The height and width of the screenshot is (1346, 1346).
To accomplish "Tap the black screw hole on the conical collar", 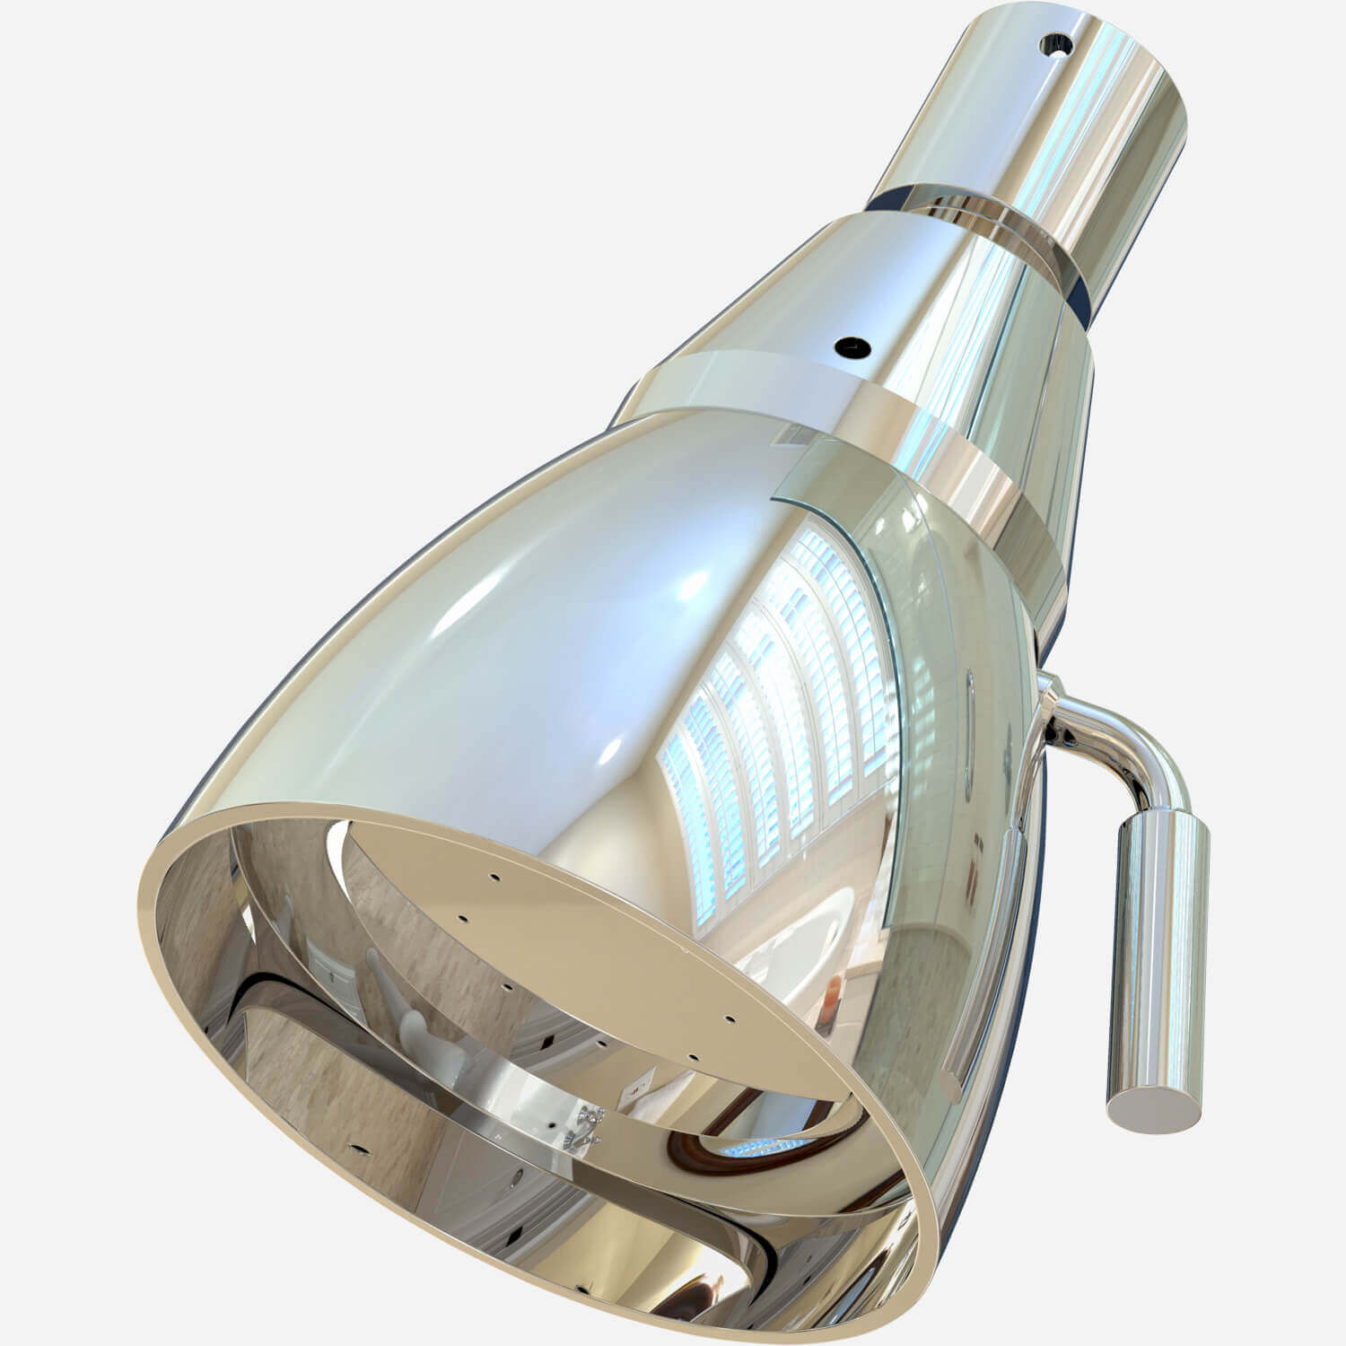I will [x=849, y=345].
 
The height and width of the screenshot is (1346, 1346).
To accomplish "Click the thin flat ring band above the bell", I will [x=763, y=377].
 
